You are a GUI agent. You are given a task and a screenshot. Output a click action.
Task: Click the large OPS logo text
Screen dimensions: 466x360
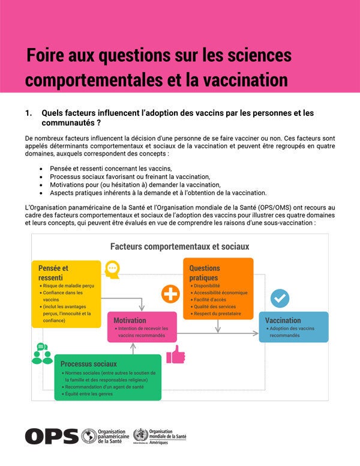pyautogui.click(x=52, y=436)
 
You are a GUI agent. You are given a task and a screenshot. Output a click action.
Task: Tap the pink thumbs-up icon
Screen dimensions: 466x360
pyautogui.click(x=176, y=355)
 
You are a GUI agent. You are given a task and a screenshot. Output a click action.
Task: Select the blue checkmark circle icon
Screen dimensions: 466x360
pyautogui.click(x=280, y=298)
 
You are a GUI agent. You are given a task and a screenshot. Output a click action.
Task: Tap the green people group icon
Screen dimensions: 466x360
pyautogui.click(x=41, y=354)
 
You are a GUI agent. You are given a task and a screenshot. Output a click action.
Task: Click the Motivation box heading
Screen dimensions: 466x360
pyautogui.click(x=130, y=320)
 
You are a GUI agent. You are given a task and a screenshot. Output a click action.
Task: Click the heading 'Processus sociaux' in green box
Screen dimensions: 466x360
pyautogui.click(x=88, y=363)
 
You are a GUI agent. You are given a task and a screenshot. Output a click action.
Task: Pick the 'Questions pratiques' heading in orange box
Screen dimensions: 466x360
pyautogui.click(x=205, y=273)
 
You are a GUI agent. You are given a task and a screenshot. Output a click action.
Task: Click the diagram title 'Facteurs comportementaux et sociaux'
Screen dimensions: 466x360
pyautogui.click(x=179, y=246)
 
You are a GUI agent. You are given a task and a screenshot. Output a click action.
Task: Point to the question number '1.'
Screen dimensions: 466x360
pyautogui.click(x=28, y=113)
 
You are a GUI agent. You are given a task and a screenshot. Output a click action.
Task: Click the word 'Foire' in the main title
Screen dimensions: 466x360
pyautogui.click(x=46, y=56)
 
